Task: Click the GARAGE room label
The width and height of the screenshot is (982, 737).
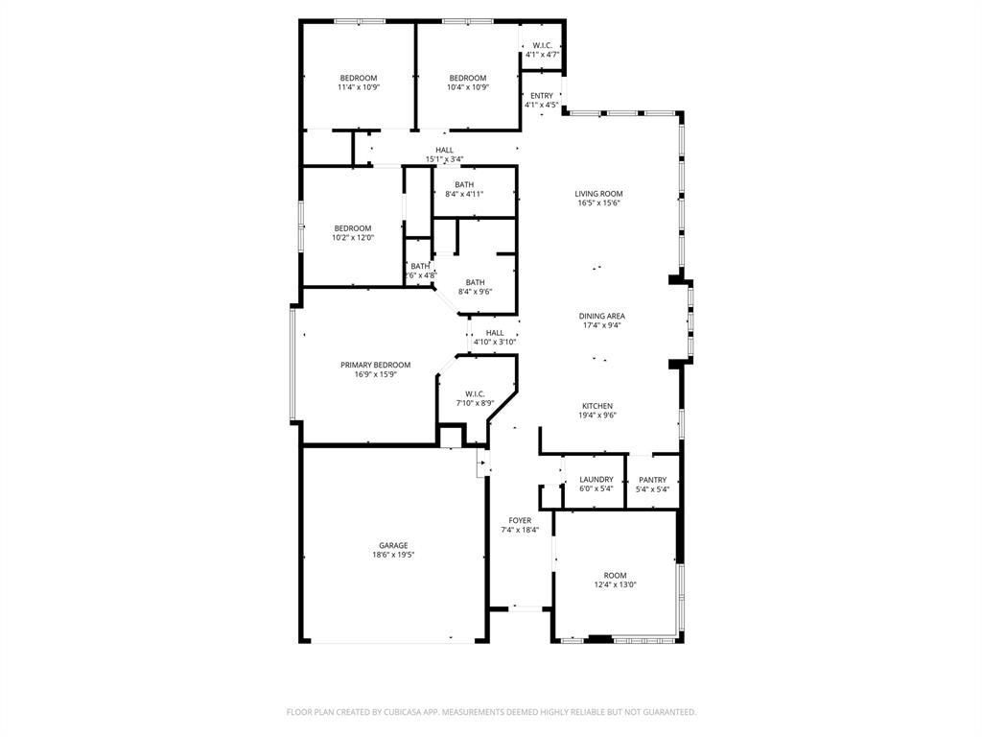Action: point(392,545)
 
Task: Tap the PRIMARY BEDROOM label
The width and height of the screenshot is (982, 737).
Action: point(375,365)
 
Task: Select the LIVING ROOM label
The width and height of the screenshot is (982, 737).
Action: point(599,194)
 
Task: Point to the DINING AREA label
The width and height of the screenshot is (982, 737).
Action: point(601,316)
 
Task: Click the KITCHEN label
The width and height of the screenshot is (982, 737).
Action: point(596,406)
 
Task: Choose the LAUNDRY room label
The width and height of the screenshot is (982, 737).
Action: point(596,480)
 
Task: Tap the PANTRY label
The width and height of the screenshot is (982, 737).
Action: point(652,480)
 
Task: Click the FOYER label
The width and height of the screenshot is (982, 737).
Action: point(520,520)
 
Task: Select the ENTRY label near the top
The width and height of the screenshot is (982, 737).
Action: point(542,95)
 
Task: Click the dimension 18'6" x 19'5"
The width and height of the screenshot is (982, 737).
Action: point(392,555)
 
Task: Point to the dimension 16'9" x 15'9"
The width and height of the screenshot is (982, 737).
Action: point(375,374)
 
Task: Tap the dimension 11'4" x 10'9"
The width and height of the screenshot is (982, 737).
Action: point(358,87)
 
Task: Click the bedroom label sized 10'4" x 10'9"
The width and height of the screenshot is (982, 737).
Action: point(468,78)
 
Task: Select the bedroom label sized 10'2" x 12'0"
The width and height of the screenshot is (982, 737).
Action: point(352,228)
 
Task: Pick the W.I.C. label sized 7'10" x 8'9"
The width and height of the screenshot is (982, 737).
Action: point(475,393)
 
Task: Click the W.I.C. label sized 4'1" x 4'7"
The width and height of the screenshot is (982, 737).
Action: point(542,46)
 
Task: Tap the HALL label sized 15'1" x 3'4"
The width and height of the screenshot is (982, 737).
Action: point(444,150)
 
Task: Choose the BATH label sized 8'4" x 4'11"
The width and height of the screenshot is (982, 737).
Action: point(464,184)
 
